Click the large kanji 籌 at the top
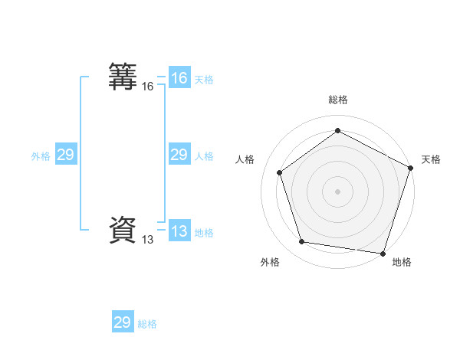(x=123, y=77)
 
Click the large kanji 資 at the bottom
(x=123, y=230)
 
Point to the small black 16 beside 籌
(x=148, y=87)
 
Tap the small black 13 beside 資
(x=148, y=240)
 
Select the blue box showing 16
(x=179, y=78)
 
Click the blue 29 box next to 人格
(x=179, y=155)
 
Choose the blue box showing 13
(x=179, y=231)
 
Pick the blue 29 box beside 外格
(x=65, y=155)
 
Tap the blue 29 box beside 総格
(x=123, y=322)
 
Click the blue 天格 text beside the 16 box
(x=204, y=80)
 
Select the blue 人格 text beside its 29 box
(x=204, y=156)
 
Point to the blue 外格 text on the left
(x=41, y=156)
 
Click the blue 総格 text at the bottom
(x=147, y=324)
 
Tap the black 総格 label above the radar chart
(x=338, y=100)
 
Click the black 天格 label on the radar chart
(x=431, y=159)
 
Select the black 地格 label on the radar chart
(x=402, y=262)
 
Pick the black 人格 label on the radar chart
(x=245, y=159)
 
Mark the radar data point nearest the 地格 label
(x=383, y=253)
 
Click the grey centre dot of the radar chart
(x=337, y=191)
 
